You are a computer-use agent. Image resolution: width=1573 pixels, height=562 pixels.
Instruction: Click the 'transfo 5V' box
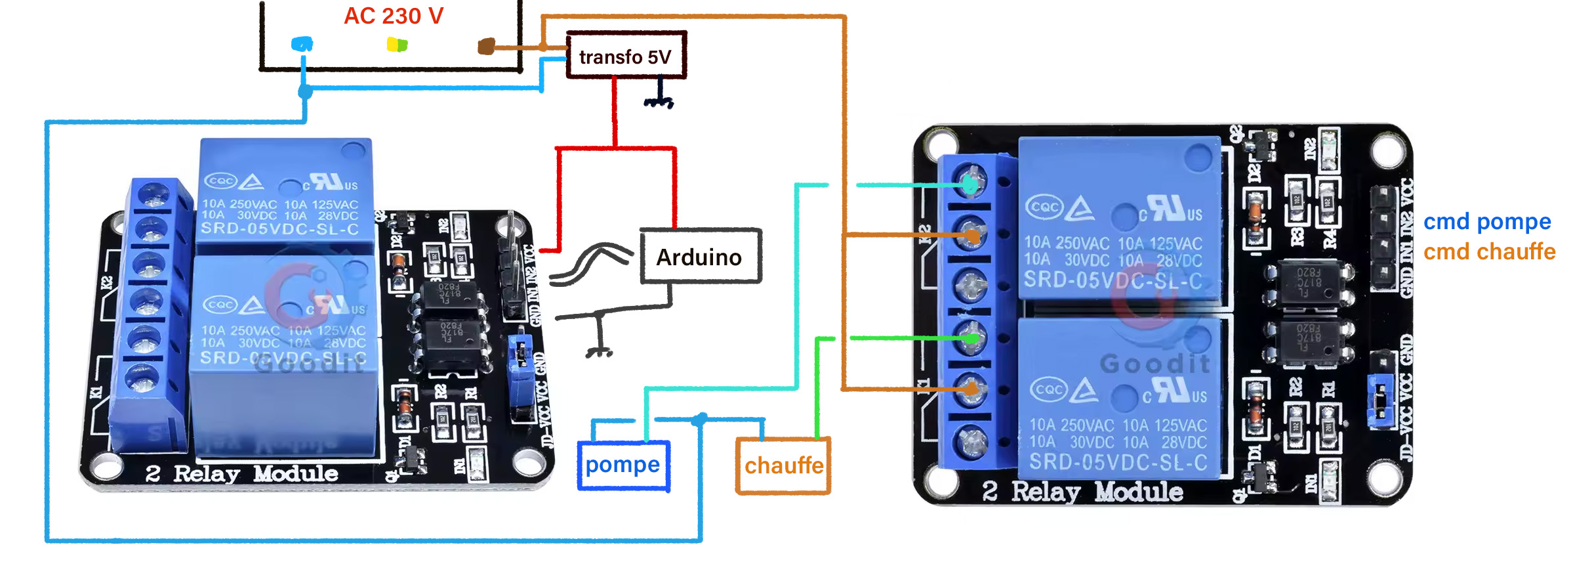pos(626,56)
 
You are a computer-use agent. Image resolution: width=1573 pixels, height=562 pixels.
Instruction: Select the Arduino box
pos(700,257)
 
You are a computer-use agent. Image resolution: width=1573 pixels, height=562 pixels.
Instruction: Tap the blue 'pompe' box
pos(623,465)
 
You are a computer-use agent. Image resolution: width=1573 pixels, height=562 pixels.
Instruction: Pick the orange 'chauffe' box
pos(783,465)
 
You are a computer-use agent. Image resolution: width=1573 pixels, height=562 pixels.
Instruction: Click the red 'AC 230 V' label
pos(394,16)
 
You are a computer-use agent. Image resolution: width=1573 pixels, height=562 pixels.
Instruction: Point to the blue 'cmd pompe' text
pos(1486,222)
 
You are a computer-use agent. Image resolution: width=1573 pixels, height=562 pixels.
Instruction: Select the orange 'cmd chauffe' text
pos(1489,252)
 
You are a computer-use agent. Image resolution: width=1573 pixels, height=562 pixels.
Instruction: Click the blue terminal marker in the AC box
pos(302,45)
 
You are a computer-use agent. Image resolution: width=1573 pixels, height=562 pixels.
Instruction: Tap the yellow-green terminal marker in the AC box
pos(397,45)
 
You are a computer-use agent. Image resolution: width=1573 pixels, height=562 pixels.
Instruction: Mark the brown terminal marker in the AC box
pos(486,46)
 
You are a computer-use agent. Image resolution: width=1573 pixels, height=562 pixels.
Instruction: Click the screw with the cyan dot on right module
pos(971,184)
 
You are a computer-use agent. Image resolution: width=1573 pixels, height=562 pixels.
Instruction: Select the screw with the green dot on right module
pos(971,338)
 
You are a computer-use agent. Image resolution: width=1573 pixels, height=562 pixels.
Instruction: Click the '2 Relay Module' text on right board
pos(1082,491)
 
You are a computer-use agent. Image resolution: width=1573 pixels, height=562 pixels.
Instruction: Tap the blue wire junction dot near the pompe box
pos(701,419)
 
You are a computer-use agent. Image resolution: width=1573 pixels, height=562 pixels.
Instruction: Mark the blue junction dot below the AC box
pos(305,91)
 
